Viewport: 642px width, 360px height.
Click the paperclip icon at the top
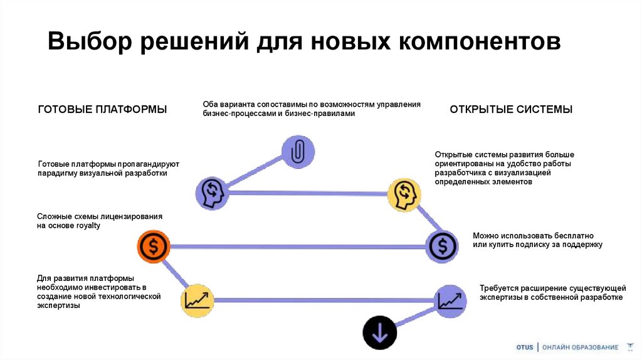point(298,151)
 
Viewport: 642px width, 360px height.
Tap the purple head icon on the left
point(210,192)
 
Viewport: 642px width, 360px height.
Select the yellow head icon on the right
point(404,194)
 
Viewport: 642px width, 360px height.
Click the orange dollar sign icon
point(154,247)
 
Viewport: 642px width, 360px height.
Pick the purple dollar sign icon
point(442,246)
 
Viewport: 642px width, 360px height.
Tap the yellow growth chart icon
point(198,300)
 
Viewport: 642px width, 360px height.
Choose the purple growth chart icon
point(450,300)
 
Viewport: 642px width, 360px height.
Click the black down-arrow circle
point(379,332)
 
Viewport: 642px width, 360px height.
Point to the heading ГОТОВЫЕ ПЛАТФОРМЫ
point(102,109)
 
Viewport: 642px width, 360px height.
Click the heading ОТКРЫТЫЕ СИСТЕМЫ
point(511,109)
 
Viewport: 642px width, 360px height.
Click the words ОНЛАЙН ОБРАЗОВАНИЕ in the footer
point(580,347)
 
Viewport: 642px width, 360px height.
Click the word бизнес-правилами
point(320,114)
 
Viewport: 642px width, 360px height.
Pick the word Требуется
point(498,288)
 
